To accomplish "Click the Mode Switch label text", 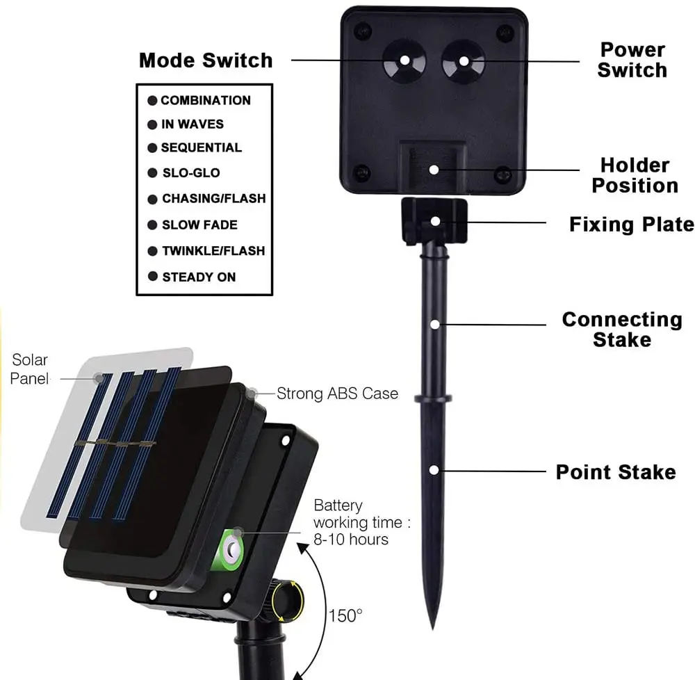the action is click(x=206, y=60).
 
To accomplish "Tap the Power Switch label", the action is click(x=632, y=60).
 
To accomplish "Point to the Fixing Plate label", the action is click(x=631, y=224).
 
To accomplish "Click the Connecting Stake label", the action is click(x=621, y=329).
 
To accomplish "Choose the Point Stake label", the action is click(x=615, y=472).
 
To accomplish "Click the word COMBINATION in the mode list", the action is click(x=205, y=100).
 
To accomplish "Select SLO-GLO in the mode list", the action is click(x=190, y=172).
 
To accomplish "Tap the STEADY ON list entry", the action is click(x=199, y=277).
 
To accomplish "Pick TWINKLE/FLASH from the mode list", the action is click(x=213, y=250).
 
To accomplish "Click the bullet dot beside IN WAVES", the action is click(x=152, y=124).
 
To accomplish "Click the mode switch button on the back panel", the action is click(x=404, y=60).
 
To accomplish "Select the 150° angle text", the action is click(x=345, y=615).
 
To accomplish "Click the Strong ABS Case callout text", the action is click(x=337, y=394).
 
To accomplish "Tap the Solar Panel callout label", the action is click(x=30, y=369).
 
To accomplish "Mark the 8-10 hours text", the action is click(x=350, y=539).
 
